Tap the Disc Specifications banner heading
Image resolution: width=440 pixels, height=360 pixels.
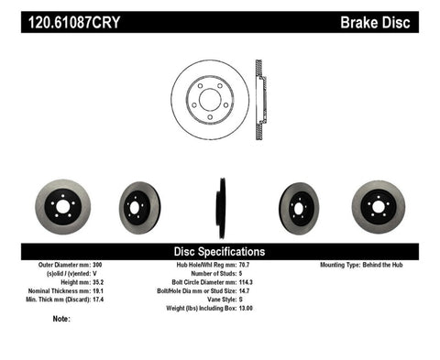tap(220, 251)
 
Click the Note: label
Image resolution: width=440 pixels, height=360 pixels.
tap(62, 320)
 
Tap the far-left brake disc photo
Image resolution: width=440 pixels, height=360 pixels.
tap(62, 206)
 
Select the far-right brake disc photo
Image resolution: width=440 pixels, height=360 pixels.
tap(378, 206)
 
